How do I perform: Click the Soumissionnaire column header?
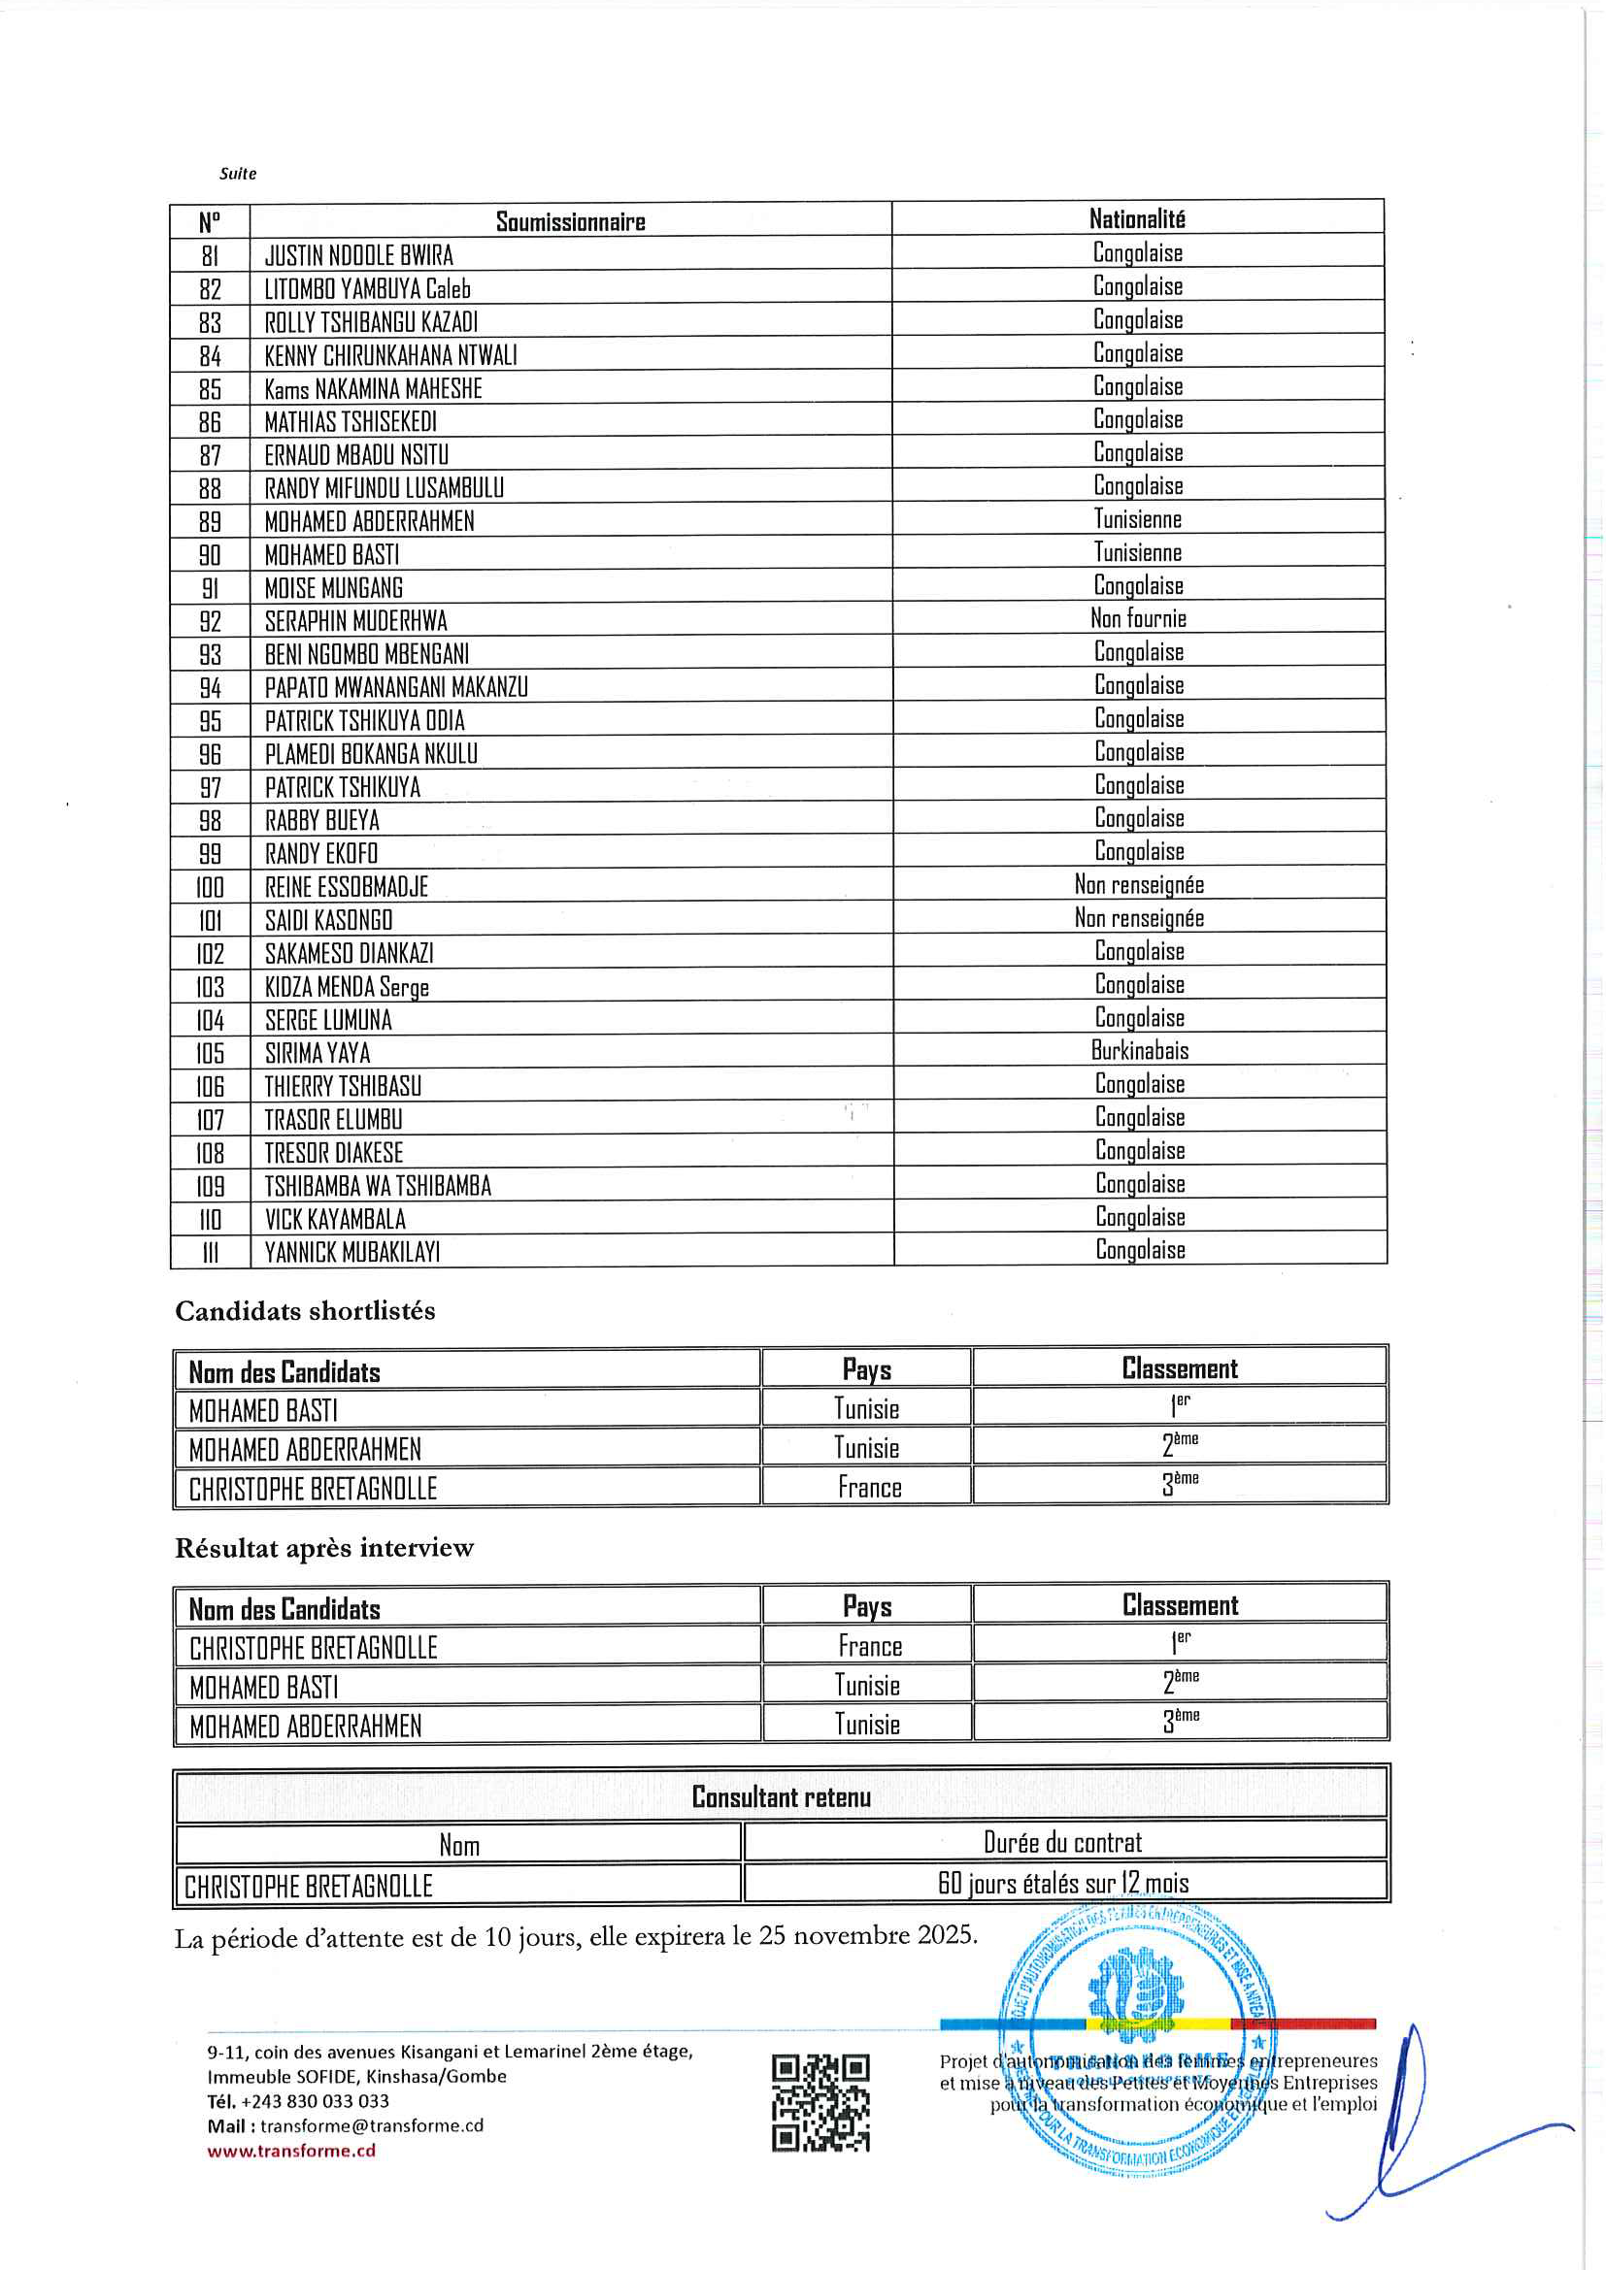coord(570,221)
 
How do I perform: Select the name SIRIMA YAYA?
coord(317,1053)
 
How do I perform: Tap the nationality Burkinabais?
coord(1139,1050)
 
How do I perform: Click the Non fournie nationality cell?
coord(1137,619)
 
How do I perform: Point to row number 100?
coord(210,887)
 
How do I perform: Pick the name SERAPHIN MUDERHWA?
coord(355,621)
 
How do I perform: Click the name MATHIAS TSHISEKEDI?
coord(351,422)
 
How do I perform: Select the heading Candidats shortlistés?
coord(305,1311)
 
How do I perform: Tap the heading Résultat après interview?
coord(324,1548)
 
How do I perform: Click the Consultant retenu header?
coord(781,1796)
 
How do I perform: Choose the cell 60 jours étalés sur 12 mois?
coord(1063,1884)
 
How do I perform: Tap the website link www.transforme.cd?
coord(290,2151)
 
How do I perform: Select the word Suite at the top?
coord(237,174)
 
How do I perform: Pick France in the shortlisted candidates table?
coord(869,1488)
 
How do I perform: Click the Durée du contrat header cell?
coord(1062,1842)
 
